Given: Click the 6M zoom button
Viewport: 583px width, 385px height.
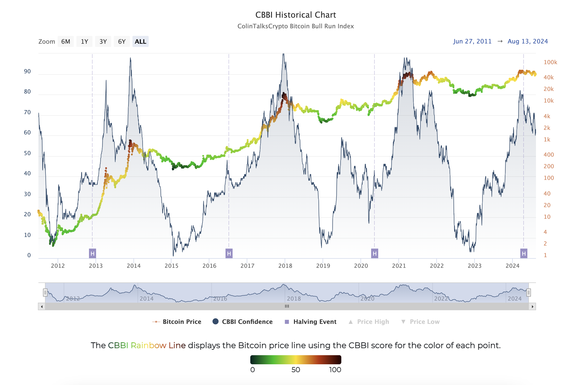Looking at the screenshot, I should tap(66, 42).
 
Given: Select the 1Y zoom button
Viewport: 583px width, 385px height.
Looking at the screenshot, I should tap(84, 42).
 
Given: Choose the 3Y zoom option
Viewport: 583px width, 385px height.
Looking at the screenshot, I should tap(103, 42).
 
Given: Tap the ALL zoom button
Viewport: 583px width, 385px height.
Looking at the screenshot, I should tap(140, 42).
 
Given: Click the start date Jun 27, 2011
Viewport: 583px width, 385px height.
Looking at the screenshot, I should tap(472, 41).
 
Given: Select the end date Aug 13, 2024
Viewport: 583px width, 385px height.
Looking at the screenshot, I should tap(528, 41).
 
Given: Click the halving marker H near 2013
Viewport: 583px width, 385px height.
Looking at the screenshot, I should tap(93, 253).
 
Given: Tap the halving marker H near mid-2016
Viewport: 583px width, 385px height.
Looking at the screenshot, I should tap(229, 253).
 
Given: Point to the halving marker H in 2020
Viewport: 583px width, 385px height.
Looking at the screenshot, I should tap(375, 253).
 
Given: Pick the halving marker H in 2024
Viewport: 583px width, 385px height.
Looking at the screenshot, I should tap(524, 253).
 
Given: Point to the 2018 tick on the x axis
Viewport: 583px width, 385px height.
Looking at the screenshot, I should tap(285, 266).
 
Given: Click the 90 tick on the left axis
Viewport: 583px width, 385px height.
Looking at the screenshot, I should tap(27, 71).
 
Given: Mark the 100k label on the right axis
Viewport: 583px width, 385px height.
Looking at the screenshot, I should tap(550, 62).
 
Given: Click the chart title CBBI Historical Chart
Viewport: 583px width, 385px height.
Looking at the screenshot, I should tap(296, 15).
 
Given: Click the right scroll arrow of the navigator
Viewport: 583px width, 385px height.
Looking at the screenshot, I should tap(532, 306).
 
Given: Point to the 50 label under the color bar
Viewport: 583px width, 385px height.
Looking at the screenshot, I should tap(296, 370).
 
